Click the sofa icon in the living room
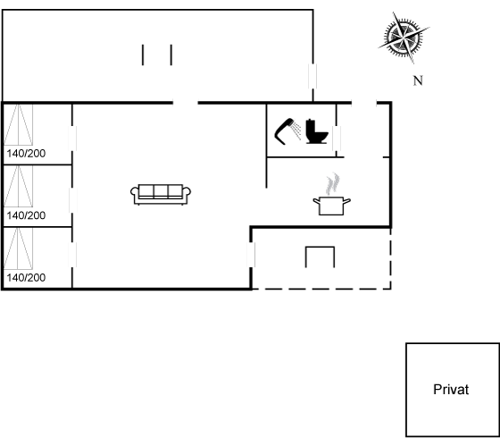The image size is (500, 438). coord(161,195)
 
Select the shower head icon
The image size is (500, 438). coord(287,131)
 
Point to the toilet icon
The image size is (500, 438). coord(316,131)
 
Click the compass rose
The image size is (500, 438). coord(404,38)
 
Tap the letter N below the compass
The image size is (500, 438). coord(418,80)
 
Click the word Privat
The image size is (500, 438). coord(451,390)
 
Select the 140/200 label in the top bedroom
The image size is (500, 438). coord(26,154)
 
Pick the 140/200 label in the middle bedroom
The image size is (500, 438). coord(26,215)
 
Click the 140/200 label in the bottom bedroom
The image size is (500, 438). coord(26,278)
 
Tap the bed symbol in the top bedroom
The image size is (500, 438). coord(18,125)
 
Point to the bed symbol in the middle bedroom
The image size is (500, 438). coord(18,186)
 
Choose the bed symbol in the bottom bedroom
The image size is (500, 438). coord(18,248)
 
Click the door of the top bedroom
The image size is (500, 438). coord(72,139)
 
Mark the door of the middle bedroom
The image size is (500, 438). coord(72,200)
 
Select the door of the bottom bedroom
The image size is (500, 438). coord(72,255)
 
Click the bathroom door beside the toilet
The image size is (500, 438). coord(337,139)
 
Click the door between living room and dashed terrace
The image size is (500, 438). coord(251,255)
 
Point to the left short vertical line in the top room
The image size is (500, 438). coord(143,55)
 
